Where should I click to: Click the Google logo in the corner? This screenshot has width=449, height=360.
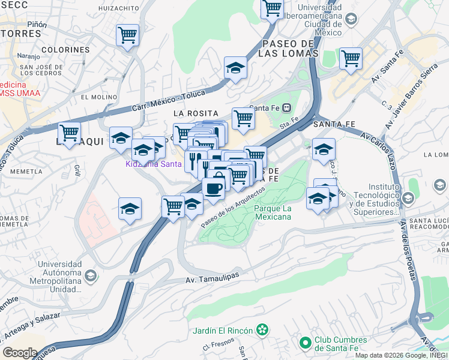(x=20, y=353)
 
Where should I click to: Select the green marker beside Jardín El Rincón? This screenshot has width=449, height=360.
(x=262, y=329)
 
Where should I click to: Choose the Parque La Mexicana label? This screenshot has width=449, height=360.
(x=273, y=212)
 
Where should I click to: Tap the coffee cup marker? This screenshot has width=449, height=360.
(x=214, y=189)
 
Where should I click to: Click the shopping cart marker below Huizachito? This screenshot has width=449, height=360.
(x=128, y=35)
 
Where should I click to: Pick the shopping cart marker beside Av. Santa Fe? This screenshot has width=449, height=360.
(x=351, y=58)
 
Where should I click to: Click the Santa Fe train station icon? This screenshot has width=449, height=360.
(x=287, y=108)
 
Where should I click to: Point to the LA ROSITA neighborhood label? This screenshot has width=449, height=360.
(x=194, y=112)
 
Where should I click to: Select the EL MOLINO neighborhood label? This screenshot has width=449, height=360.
(x=98, y=97)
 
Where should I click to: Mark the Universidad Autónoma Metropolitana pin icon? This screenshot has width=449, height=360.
(x=91, y=276)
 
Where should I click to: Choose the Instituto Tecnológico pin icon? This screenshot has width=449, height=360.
(x=408, y=198)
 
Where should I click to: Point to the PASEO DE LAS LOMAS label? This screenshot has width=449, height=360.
(x=289, y=48)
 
